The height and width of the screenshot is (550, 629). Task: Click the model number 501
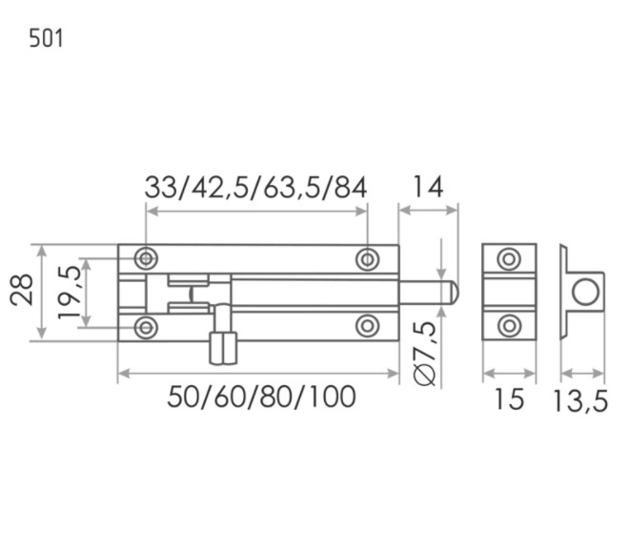pyautogui.click(x=46, y=39)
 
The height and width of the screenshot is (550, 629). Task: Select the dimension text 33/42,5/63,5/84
pyautogui.click(x=255, y=187)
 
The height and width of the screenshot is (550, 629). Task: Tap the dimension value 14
pyautogui.click(x=428, y=187)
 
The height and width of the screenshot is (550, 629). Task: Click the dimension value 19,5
pyautogui.click(x=69, y=292)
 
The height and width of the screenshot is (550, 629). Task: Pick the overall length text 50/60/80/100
pyautogui.click(x=261, y=397)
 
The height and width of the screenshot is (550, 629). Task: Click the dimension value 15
pyautogui.click(x=510, y=398)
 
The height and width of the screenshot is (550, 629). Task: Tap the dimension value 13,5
pyautogui.click(x=580, y=400)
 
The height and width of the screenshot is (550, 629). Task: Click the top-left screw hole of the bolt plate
pyautogui.click(x=146, y=258)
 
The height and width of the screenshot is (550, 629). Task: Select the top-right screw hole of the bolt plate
pyautogui.click(x=368, y=259)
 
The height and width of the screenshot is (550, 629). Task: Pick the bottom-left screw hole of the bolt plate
pyautogui.click(x=146, y=327)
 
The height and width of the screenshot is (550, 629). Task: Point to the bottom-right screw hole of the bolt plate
pyautogui.click(x=368, y=327)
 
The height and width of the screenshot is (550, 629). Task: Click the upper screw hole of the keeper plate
pyautogui.click(x=510, y=258)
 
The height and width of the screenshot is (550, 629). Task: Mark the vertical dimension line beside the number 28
pyautogui.click(x=42, y=292)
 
